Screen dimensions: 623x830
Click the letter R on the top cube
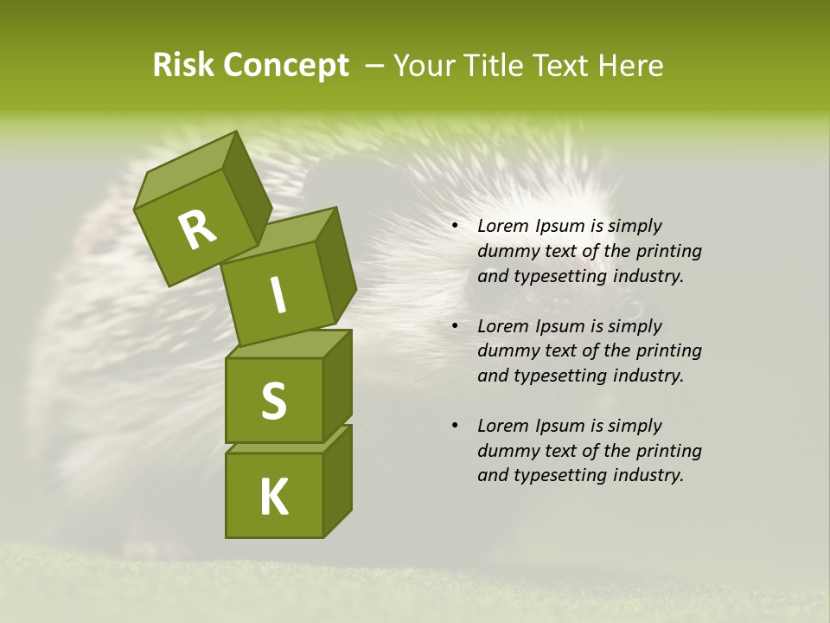pyautogui.click(x=197, y=229)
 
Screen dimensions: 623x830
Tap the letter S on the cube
pyautogui.click(x=273, y=400)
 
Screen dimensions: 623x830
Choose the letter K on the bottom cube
pyautogui.click(x=273, y=497)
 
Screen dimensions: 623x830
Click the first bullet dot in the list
pyautogui.click(x=455, y=227)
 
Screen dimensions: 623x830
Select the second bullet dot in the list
pyautogui.click(x=455, y=327)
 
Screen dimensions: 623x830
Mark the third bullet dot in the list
pyautogui.click(x=455, y=427)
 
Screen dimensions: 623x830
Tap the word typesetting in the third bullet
pyautogui.click(x=562, y=475)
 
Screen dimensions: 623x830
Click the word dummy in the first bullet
pyautogui.click(x=504, y=252)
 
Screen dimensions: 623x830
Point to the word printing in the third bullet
pyautogui.click(x=668, y=451)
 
